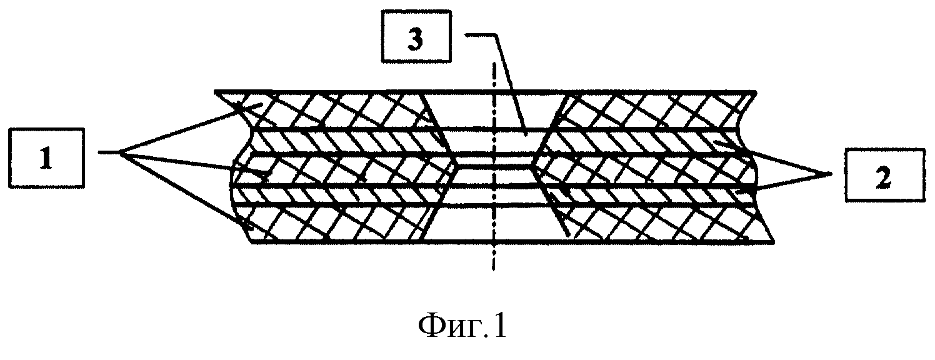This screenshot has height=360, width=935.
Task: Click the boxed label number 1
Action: (46, 158)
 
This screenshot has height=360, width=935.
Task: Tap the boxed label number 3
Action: (416, 37)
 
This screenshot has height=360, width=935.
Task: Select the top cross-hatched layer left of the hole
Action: (334, 109)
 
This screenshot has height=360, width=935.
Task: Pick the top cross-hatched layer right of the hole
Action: (656, 109)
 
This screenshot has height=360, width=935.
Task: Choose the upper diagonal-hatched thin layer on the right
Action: (642, 142)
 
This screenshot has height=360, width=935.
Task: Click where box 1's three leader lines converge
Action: (120, 153)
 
